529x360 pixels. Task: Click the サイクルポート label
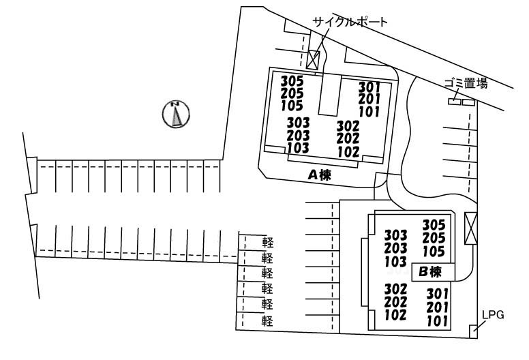[350, 22]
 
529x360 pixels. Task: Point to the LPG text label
[492, 315]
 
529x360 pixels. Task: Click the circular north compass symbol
[177, 114]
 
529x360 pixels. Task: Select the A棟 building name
[319, 175]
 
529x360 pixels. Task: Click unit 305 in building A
[292, 81]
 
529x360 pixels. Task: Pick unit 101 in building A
[368, 112]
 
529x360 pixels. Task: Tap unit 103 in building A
[298, 147]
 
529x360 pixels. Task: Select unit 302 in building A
[348, 126]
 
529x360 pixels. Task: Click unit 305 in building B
[434, 224]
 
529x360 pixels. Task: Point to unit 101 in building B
[436, 320]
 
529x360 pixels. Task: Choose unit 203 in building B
[395, 248]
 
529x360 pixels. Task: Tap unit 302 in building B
[395, 289]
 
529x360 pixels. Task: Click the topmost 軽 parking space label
[267, 242]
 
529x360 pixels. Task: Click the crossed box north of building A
[313, 59]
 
